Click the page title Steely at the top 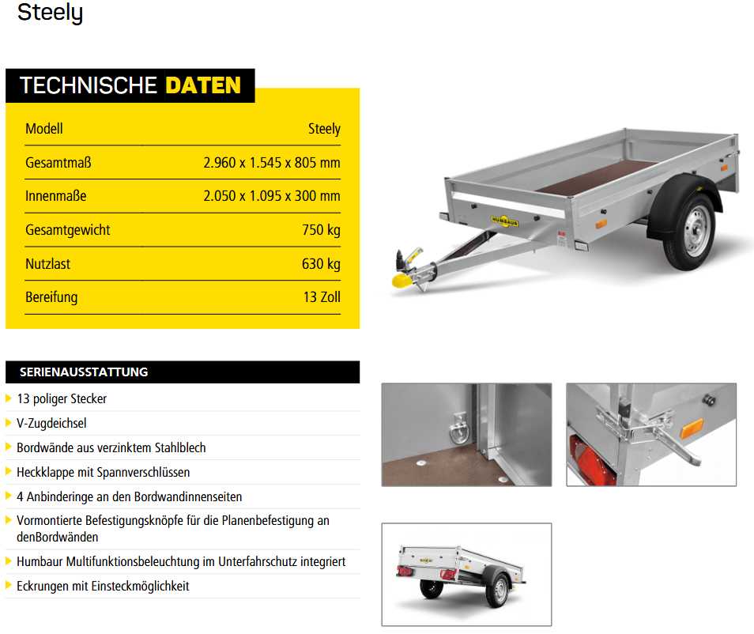point(50,13)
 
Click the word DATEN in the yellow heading point(203,85)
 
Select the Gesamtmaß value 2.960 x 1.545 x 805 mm point(271,163)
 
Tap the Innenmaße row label point(55,196)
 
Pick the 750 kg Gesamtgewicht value point(321,230)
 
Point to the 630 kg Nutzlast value point(321,264)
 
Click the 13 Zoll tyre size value point(320,297)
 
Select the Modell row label point(44,129)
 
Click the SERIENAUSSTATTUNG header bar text point(84,372)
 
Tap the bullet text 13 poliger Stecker point(62,399)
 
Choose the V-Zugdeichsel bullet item point(51,424)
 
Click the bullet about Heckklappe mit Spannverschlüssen point(103,473)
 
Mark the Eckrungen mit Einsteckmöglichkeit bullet point(103,587)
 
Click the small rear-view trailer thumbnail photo point(466,574)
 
